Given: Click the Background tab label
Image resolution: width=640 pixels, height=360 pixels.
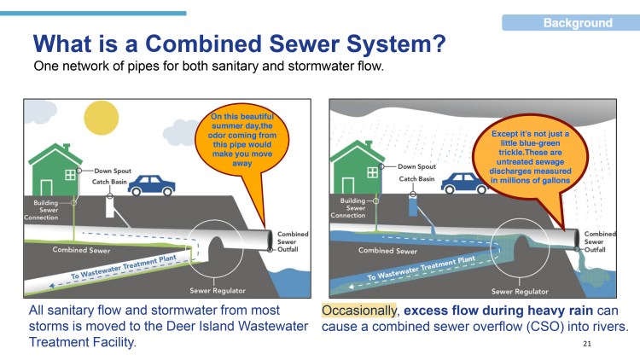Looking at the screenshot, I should [x=578, y=23].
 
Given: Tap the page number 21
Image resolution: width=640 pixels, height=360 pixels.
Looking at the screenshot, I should [x=586, y=344].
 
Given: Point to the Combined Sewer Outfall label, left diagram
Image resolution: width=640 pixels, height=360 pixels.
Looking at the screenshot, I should [x=292, y=241].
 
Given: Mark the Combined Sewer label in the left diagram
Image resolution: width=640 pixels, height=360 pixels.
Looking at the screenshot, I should [x=81, y=250].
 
